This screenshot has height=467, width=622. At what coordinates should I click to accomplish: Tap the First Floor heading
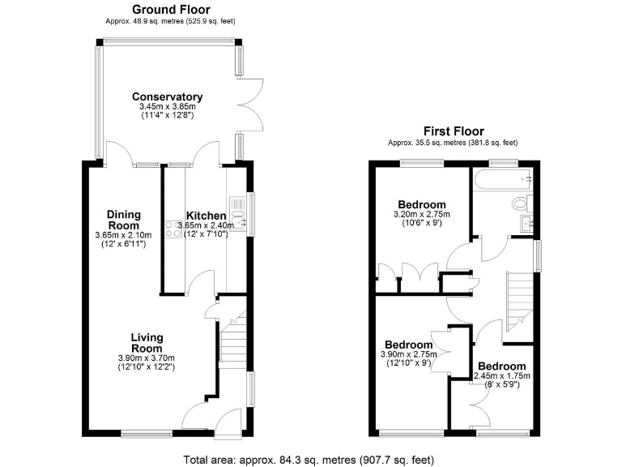tap(454, 131)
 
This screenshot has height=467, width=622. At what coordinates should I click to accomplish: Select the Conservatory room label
tap(167, 97)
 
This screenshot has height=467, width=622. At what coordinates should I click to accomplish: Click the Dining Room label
tap(124, 220)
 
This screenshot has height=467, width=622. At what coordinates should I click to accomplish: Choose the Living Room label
tap(147, 343)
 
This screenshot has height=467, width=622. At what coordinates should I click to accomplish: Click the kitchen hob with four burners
tap(175, 229)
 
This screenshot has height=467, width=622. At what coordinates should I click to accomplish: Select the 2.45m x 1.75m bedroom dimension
tap(502, 376)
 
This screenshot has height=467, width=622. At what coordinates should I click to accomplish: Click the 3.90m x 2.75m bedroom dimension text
tap(410, 354)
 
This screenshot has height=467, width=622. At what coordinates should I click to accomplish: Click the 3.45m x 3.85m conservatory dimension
tap(167, 107)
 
